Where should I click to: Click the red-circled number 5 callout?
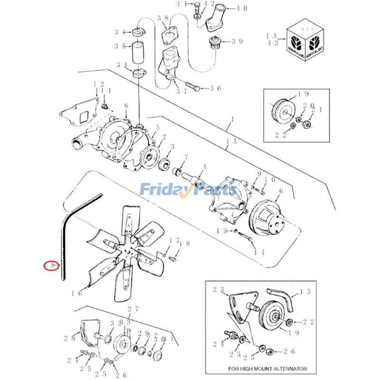51,265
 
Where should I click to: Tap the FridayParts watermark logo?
188,190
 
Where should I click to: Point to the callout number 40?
242,9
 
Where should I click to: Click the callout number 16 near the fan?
76,293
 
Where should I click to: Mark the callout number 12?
98,85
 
